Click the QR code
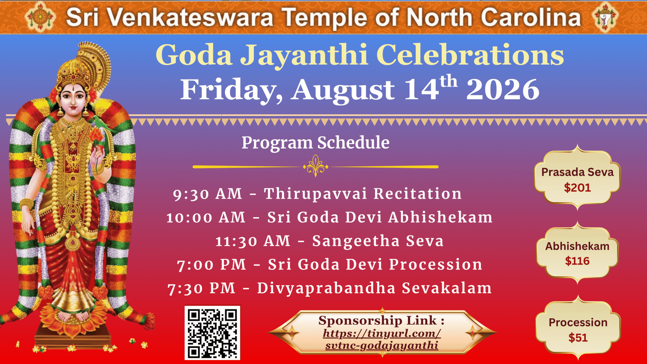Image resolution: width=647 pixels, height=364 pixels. click(212, 333)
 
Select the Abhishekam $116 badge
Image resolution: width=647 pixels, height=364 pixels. click(577, 253)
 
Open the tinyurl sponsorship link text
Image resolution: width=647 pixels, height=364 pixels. click(382, 339)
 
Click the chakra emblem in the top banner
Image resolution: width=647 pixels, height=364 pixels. click(40, 17)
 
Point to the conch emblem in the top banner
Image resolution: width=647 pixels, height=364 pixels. click(605, 17)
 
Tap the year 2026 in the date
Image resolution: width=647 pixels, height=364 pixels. click(503, 89)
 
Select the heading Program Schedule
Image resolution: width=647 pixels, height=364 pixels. click(315, 143)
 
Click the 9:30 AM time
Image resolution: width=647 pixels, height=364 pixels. click(207, 194)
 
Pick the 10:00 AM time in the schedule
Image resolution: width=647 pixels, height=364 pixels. click(206, 217)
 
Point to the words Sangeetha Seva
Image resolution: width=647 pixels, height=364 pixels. click(378, 241)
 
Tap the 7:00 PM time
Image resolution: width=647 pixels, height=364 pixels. click(211, 265)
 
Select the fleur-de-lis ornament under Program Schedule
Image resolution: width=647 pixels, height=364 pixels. click(315, 166)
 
